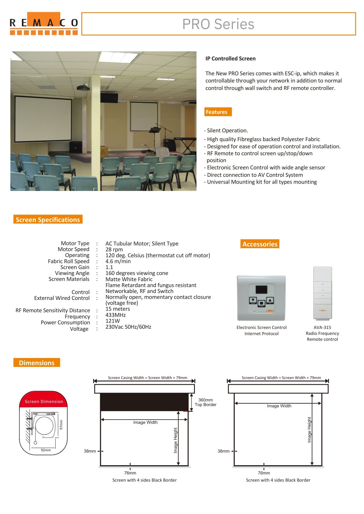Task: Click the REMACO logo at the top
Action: [x=44, y=23]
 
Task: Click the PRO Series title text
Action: [x=218, y=24]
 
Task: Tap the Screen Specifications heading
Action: [x=48, y=219]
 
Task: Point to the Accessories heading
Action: [x=260, y=244]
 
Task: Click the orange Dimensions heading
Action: [x=37, y=363]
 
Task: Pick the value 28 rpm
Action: [x=114, y=249]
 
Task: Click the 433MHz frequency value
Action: [x=115, y=315]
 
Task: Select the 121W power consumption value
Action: [x=112, y=321]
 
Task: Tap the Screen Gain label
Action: [x=75, y=267]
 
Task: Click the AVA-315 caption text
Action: [x=322, y=327]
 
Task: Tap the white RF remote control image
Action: [x=323, y=293]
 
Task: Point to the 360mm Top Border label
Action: [x=205, y=402]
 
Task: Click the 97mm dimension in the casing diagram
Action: [x=61, y=425]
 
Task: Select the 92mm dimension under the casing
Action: [x=46, y=450]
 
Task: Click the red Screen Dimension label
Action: [x=44, y=401]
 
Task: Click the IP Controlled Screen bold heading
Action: [x=230, y=59]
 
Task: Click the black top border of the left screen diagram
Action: [x=144, y=402]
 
